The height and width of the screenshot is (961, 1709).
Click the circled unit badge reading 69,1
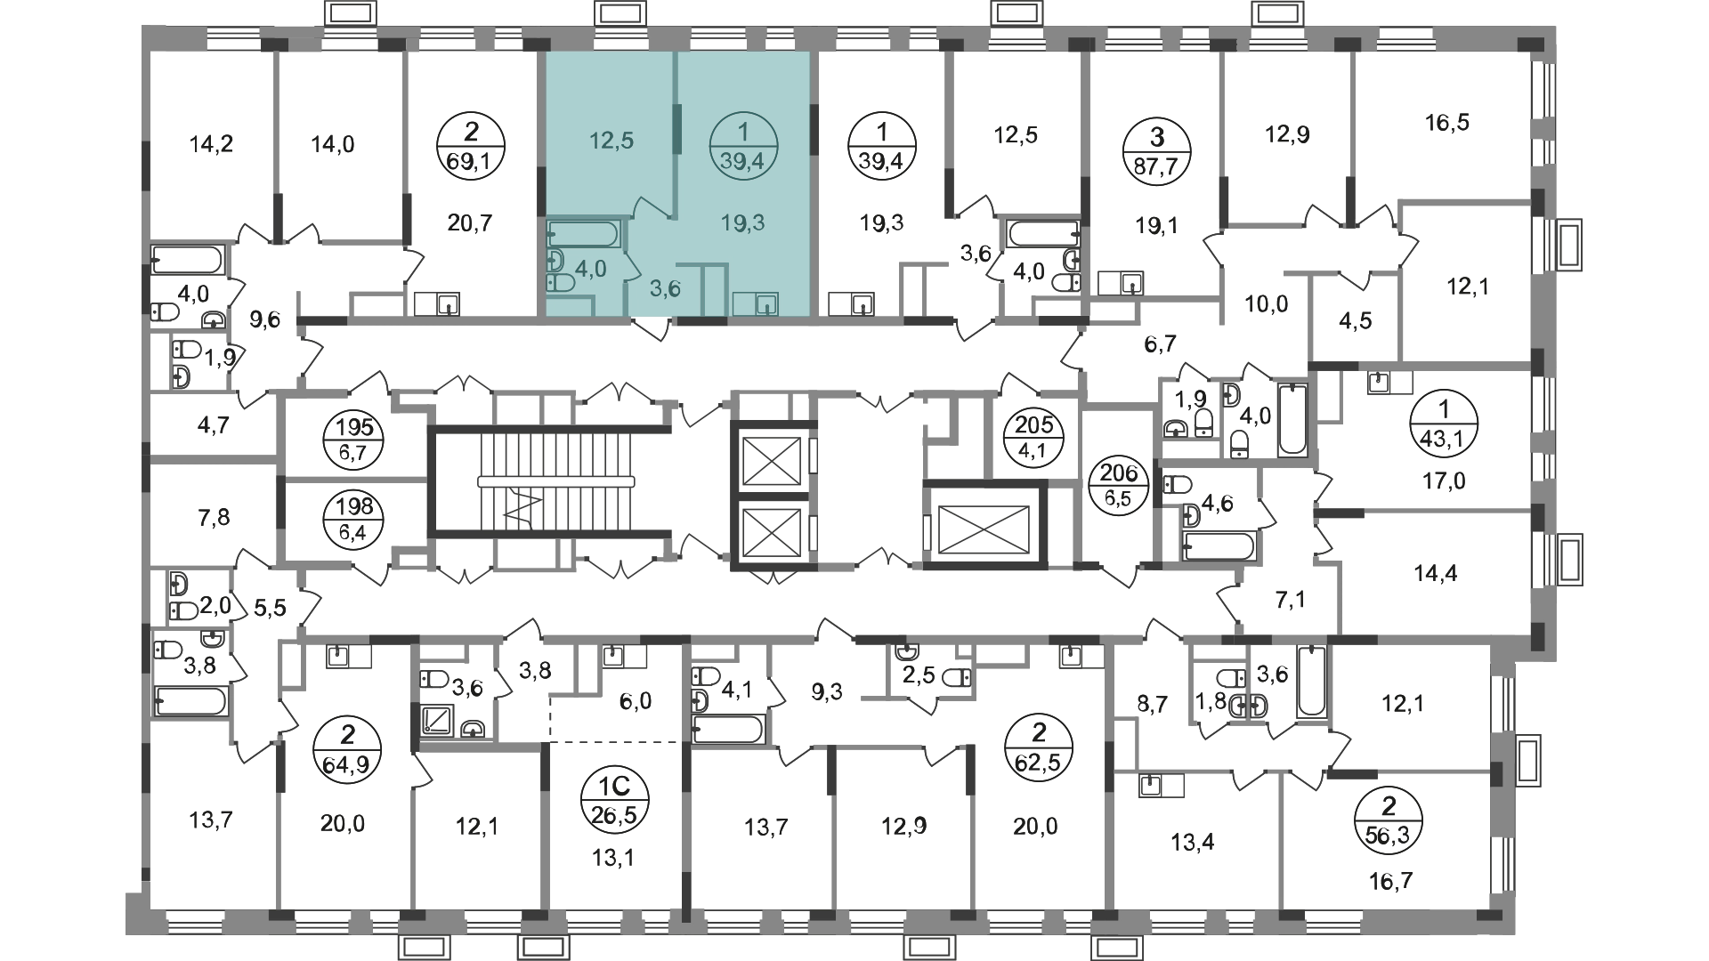pyautogui.click(x=472, y=149)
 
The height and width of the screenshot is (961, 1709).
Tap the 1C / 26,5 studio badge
pyautogui.click(x=615, y=798)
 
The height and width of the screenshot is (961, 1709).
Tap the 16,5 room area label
pyautogui.click(x=1446, y=122)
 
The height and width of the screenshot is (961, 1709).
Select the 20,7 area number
pyautogui.click(x=471, y=223)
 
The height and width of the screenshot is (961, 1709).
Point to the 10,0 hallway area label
pyautogui.click(x=1268, y=304)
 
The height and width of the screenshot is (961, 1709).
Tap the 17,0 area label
pyautogui.click(x=1444, y=482)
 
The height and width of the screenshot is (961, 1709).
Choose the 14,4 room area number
pyautogui.click(x=1436, y=574)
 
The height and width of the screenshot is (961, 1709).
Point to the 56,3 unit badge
pyautogui.click(x=1388, y=820)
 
